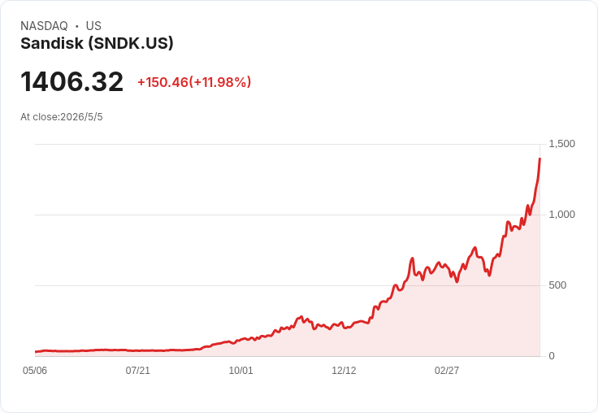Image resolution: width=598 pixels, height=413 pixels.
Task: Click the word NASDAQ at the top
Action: coord(44,26)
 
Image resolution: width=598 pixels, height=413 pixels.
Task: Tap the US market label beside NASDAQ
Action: coord(93,26)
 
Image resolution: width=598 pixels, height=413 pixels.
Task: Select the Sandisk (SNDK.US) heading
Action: coord(97,43)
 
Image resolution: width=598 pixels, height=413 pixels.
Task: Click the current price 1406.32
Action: coord(71,81)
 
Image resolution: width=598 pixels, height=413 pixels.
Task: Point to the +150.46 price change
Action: coord(162,82)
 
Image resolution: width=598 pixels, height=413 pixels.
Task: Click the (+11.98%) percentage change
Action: coord(220,82)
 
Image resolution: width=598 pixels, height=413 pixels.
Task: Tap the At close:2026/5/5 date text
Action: coord(62,117)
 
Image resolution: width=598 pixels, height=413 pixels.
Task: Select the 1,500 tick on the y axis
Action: coord(561,144)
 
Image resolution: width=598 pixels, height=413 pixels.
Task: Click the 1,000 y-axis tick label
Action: coord(561,215)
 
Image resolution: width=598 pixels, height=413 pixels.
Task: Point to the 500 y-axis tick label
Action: coord(557,285)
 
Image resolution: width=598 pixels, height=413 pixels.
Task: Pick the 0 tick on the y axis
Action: coord(552,356)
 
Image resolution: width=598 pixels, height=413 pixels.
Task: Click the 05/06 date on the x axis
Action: coord(35,370)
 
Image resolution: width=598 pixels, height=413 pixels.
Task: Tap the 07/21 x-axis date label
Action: coord(137,370)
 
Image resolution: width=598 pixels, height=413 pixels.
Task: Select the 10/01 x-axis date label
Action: coord(240,370)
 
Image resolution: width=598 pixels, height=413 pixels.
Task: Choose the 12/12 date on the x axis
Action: coord(344,370)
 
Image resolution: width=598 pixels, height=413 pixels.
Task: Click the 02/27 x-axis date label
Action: coord(447,370)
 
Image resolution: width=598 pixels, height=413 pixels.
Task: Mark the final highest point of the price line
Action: coord(539,158)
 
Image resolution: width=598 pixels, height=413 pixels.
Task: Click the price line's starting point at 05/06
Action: coord(36,352)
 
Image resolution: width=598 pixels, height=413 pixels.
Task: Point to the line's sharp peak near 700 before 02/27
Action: coord(412,259)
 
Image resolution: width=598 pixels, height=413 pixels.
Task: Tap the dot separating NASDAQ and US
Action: coord(76,26)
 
